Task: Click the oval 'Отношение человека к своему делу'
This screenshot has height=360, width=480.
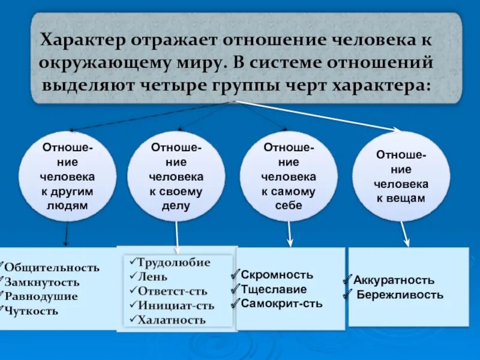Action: [176, 176]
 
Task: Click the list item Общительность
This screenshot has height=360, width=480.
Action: [52, 268]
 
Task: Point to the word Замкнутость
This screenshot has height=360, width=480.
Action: [42, 282]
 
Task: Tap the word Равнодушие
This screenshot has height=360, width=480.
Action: [41, 296]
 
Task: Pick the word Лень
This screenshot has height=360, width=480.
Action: [152, 277]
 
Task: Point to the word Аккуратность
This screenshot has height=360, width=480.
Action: [394, 280]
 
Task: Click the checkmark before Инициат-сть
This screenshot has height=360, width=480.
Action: [133, 305]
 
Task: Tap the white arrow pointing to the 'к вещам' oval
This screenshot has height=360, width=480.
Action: [318, 115]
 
